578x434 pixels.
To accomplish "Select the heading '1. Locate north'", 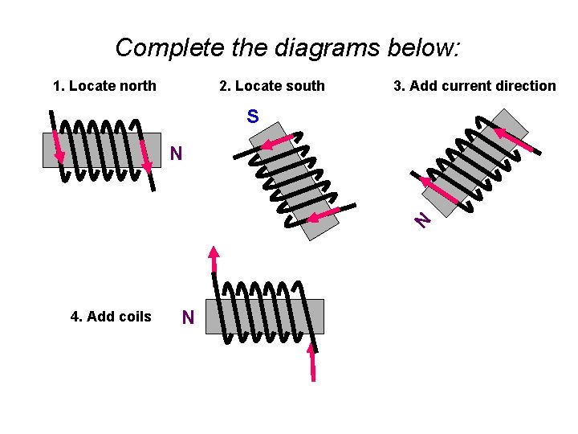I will click(104, 86).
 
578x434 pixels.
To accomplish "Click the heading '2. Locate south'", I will click(272, 86).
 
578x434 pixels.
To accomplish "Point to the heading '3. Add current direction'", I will click(474, 86).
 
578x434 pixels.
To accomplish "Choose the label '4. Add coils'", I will click(111, 317).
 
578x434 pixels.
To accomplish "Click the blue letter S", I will click(253, 117).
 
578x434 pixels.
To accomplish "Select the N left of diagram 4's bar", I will click(188, 318).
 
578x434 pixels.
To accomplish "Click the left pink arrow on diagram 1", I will click(57, 145).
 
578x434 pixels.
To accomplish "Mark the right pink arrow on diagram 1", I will click(146, 157).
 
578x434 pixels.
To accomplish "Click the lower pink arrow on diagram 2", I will click(324, 215).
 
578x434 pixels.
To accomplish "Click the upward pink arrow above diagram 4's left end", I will click(214, 259).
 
